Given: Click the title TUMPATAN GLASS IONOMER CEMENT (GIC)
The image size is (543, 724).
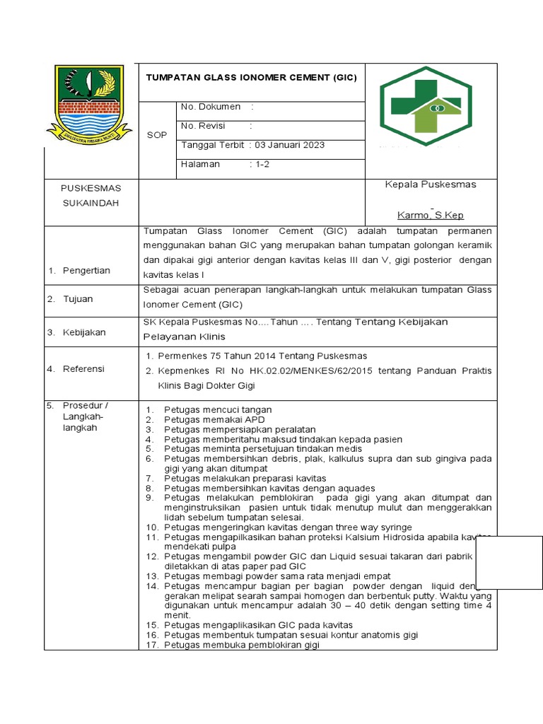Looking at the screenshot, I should click(251, 78).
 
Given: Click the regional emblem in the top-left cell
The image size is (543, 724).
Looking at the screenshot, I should click(89, 104).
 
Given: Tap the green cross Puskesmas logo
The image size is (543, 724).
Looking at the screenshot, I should click(426, 105).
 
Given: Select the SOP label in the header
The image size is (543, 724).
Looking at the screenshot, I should click(157, 135).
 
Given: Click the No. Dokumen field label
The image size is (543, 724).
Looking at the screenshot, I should click(211, 107).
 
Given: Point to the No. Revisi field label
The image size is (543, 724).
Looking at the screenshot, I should click(203, 126).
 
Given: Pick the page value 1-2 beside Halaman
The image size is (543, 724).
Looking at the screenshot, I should click(262, 164).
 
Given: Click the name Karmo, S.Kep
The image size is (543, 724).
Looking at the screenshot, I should click(431, 215).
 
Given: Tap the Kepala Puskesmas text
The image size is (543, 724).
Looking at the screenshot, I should click(430, 185).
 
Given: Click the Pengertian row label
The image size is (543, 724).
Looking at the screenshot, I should click(87, 271).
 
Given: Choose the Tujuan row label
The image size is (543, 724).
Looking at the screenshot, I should click(78, 299).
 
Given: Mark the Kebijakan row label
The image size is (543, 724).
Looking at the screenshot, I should click(84, 332).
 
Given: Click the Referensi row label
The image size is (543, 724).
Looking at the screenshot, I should click(83, 369).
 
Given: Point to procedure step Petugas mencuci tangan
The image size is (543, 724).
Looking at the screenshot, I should click(218, 410).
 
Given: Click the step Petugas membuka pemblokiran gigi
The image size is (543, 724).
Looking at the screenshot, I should click(242, 645).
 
